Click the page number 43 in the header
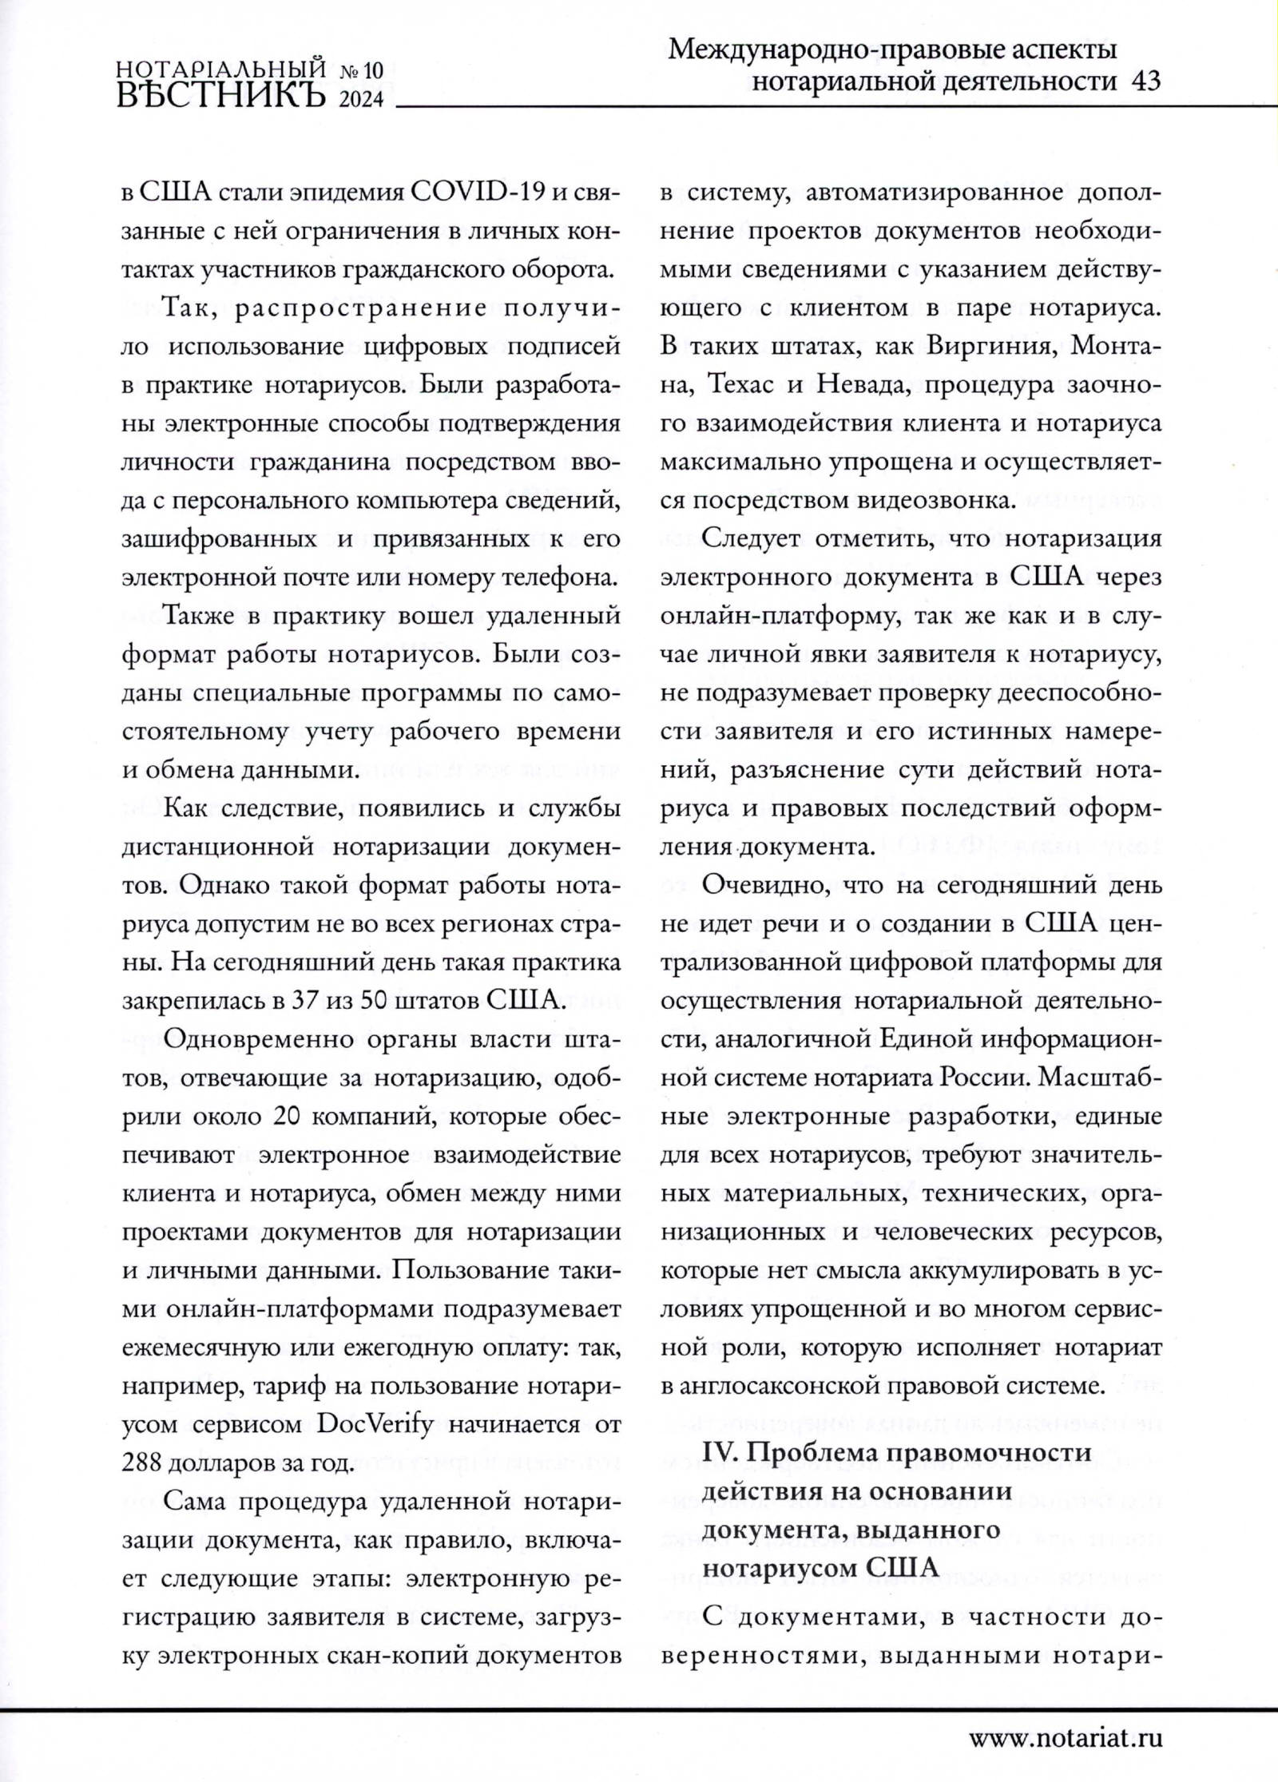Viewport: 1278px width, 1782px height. [x=1146, y=81]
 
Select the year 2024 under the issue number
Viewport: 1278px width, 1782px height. [x=361, y=99]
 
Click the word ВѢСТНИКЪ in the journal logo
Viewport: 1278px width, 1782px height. [x=222, y=95]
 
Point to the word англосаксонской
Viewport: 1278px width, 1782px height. [x=811, y=1387]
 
